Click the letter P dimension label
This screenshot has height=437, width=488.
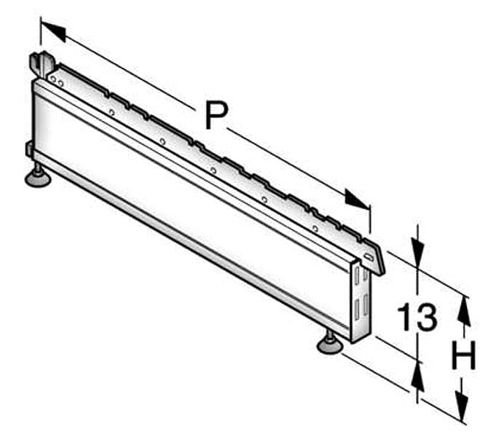(217, 116)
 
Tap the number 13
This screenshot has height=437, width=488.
(417, 317)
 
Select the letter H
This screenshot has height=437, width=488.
(463, 355)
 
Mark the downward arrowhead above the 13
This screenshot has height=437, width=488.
(417, 252)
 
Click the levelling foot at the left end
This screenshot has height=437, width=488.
(38, 177)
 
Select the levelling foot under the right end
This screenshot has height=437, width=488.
(330, 343)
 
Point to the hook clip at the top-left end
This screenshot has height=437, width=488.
(42, 65)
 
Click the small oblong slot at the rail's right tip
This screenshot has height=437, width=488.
(369, 257)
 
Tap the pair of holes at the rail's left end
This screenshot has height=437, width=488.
(57, 81)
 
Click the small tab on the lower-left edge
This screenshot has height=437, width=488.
(29, 148)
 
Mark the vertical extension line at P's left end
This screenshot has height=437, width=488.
(41, 31)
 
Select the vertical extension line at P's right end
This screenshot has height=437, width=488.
(370, 219)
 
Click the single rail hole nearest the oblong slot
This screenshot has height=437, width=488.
(315, 229)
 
